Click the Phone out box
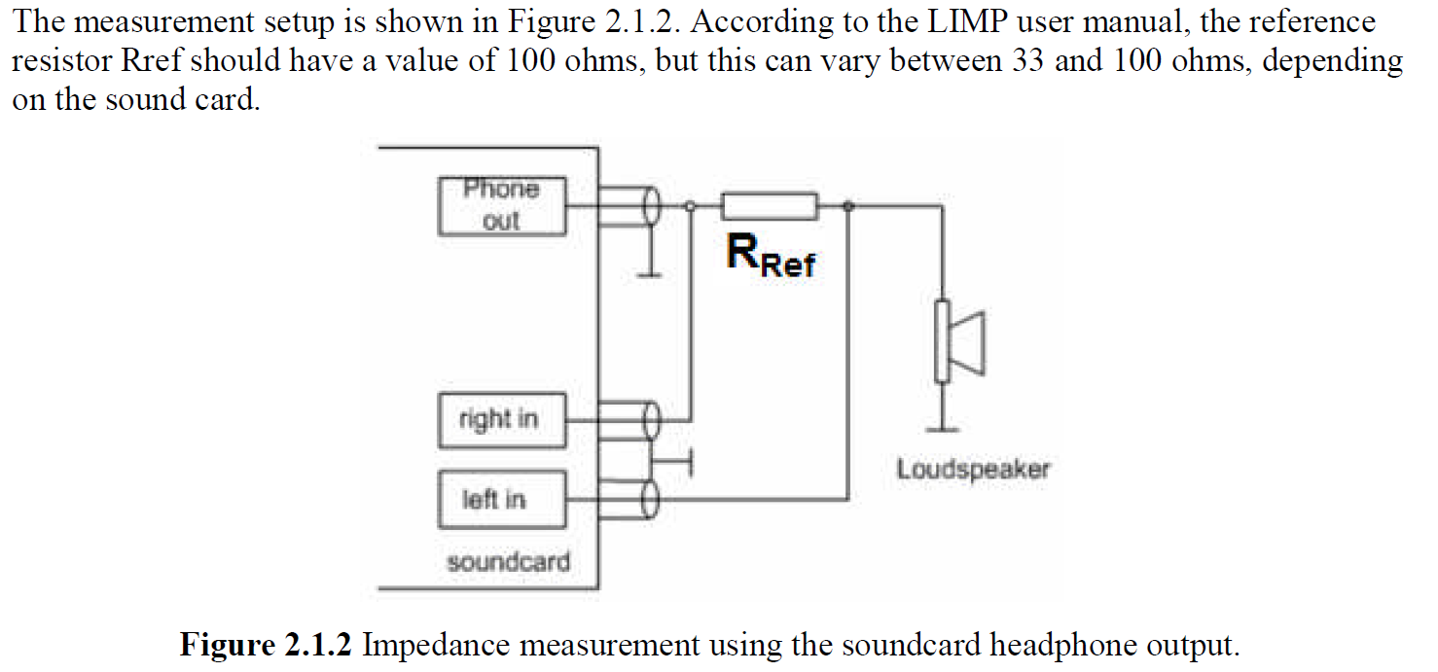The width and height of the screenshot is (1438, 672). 501,205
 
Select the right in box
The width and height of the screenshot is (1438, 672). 501,420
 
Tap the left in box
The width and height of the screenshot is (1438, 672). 501,500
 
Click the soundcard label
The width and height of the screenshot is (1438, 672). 508,562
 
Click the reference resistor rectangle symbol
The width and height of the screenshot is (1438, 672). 769,206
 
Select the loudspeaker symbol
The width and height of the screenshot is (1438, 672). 957,341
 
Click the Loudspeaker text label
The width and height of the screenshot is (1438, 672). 973,470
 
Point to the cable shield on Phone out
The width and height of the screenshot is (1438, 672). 651,206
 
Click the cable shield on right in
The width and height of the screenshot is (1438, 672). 651,420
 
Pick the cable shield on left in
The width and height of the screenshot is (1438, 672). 651,500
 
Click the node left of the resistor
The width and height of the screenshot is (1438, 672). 691,206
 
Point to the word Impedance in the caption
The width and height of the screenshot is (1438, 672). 432,645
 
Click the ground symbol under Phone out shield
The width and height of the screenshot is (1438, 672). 651,273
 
